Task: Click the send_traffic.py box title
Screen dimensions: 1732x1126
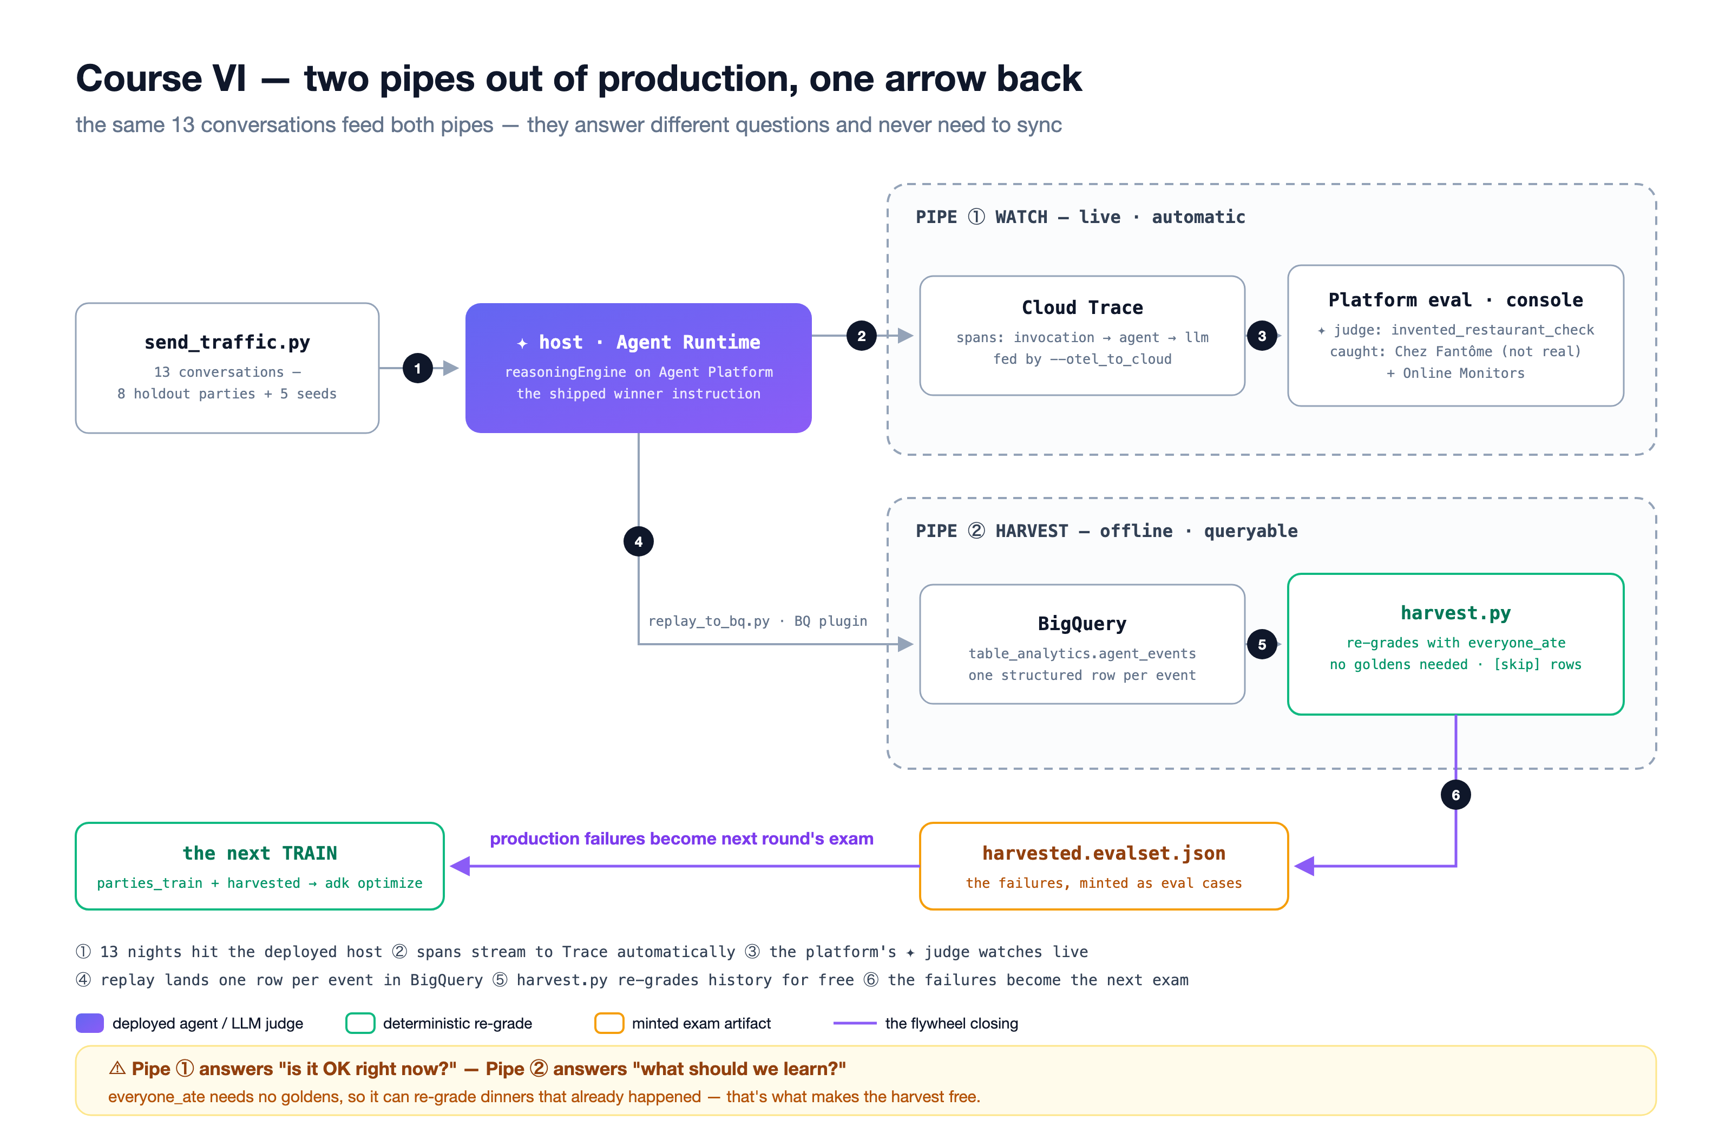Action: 227,342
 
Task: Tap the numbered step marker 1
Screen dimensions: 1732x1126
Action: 418,368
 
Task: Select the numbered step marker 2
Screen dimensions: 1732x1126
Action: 862,336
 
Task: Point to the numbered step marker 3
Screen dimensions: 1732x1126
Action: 1262,336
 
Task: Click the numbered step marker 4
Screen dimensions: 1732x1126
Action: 638,541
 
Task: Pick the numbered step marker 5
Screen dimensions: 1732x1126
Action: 1262,644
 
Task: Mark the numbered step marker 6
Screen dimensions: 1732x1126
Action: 1455,795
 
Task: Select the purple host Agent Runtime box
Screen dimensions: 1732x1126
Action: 638,368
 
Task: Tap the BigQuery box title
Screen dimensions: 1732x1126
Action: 1082,624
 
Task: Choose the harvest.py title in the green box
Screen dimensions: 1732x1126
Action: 1455,613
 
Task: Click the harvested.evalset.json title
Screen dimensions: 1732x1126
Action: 1104,853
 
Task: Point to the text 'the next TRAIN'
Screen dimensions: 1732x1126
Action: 260,853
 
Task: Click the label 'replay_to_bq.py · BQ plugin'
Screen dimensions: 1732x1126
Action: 758,621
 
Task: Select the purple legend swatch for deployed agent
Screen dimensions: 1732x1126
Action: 89,1023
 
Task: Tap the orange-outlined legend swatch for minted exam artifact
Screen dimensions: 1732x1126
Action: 609,1023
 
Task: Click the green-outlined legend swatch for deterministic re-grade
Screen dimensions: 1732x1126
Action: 360,1023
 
